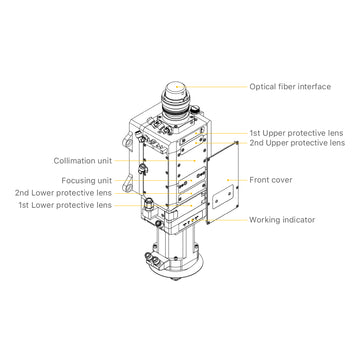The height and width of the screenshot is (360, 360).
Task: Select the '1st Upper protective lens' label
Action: coord(297,133)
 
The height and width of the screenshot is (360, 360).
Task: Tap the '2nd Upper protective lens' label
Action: coord(297,144)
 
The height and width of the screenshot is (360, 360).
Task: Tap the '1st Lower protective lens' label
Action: coord(63,204)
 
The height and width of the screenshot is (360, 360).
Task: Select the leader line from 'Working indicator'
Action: coord(230,219)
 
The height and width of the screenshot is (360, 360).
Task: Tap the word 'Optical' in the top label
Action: coord(263,86)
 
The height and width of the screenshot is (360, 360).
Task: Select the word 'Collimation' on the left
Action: coord(73,160)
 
